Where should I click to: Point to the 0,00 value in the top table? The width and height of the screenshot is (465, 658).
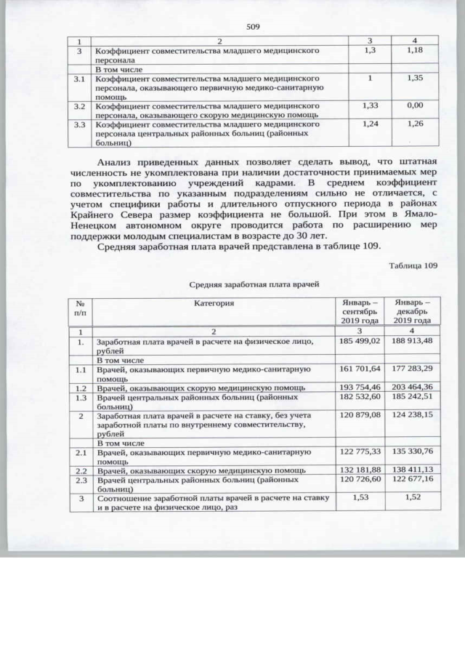pyautogui.click(x=415, y=105)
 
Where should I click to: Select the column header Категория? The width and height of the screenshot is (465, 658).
pyautogui.click(x=214, y=302)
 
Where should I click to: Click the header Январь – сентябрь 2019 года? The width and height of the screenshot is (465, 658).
pyautogui.click(x=360, y=310)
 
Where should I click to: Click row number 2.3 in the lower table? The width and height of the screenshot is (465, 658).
pyautogui.click(x=81, y=479)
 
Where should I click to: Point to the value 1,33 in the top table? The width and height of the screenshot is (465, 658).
pyautogui.click(x=371, y=105)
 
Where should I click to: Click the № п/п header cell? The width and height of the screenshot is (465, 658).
pyautogui.click(x=81, y=306)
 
